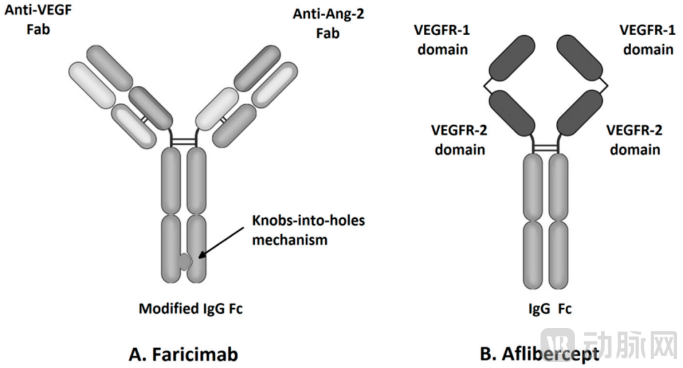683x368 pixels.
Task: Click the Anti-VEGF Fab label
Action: (37, 20)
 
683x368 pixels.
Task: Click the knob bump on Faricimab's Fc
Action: (186, 264)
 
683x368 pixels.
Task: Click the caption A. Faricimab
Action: (183, 354)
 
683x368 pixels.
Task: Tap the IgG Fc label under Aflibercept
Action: (547, 308)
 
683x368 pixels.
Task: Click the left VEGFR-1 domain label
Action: (442, 39)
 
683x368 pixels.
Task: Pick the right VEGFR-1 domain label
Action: (647, 39)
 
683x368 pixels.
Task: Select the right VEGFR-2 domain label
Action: (634, 139)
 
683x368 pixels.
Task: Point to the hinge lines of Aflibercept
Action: (545, 148)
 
